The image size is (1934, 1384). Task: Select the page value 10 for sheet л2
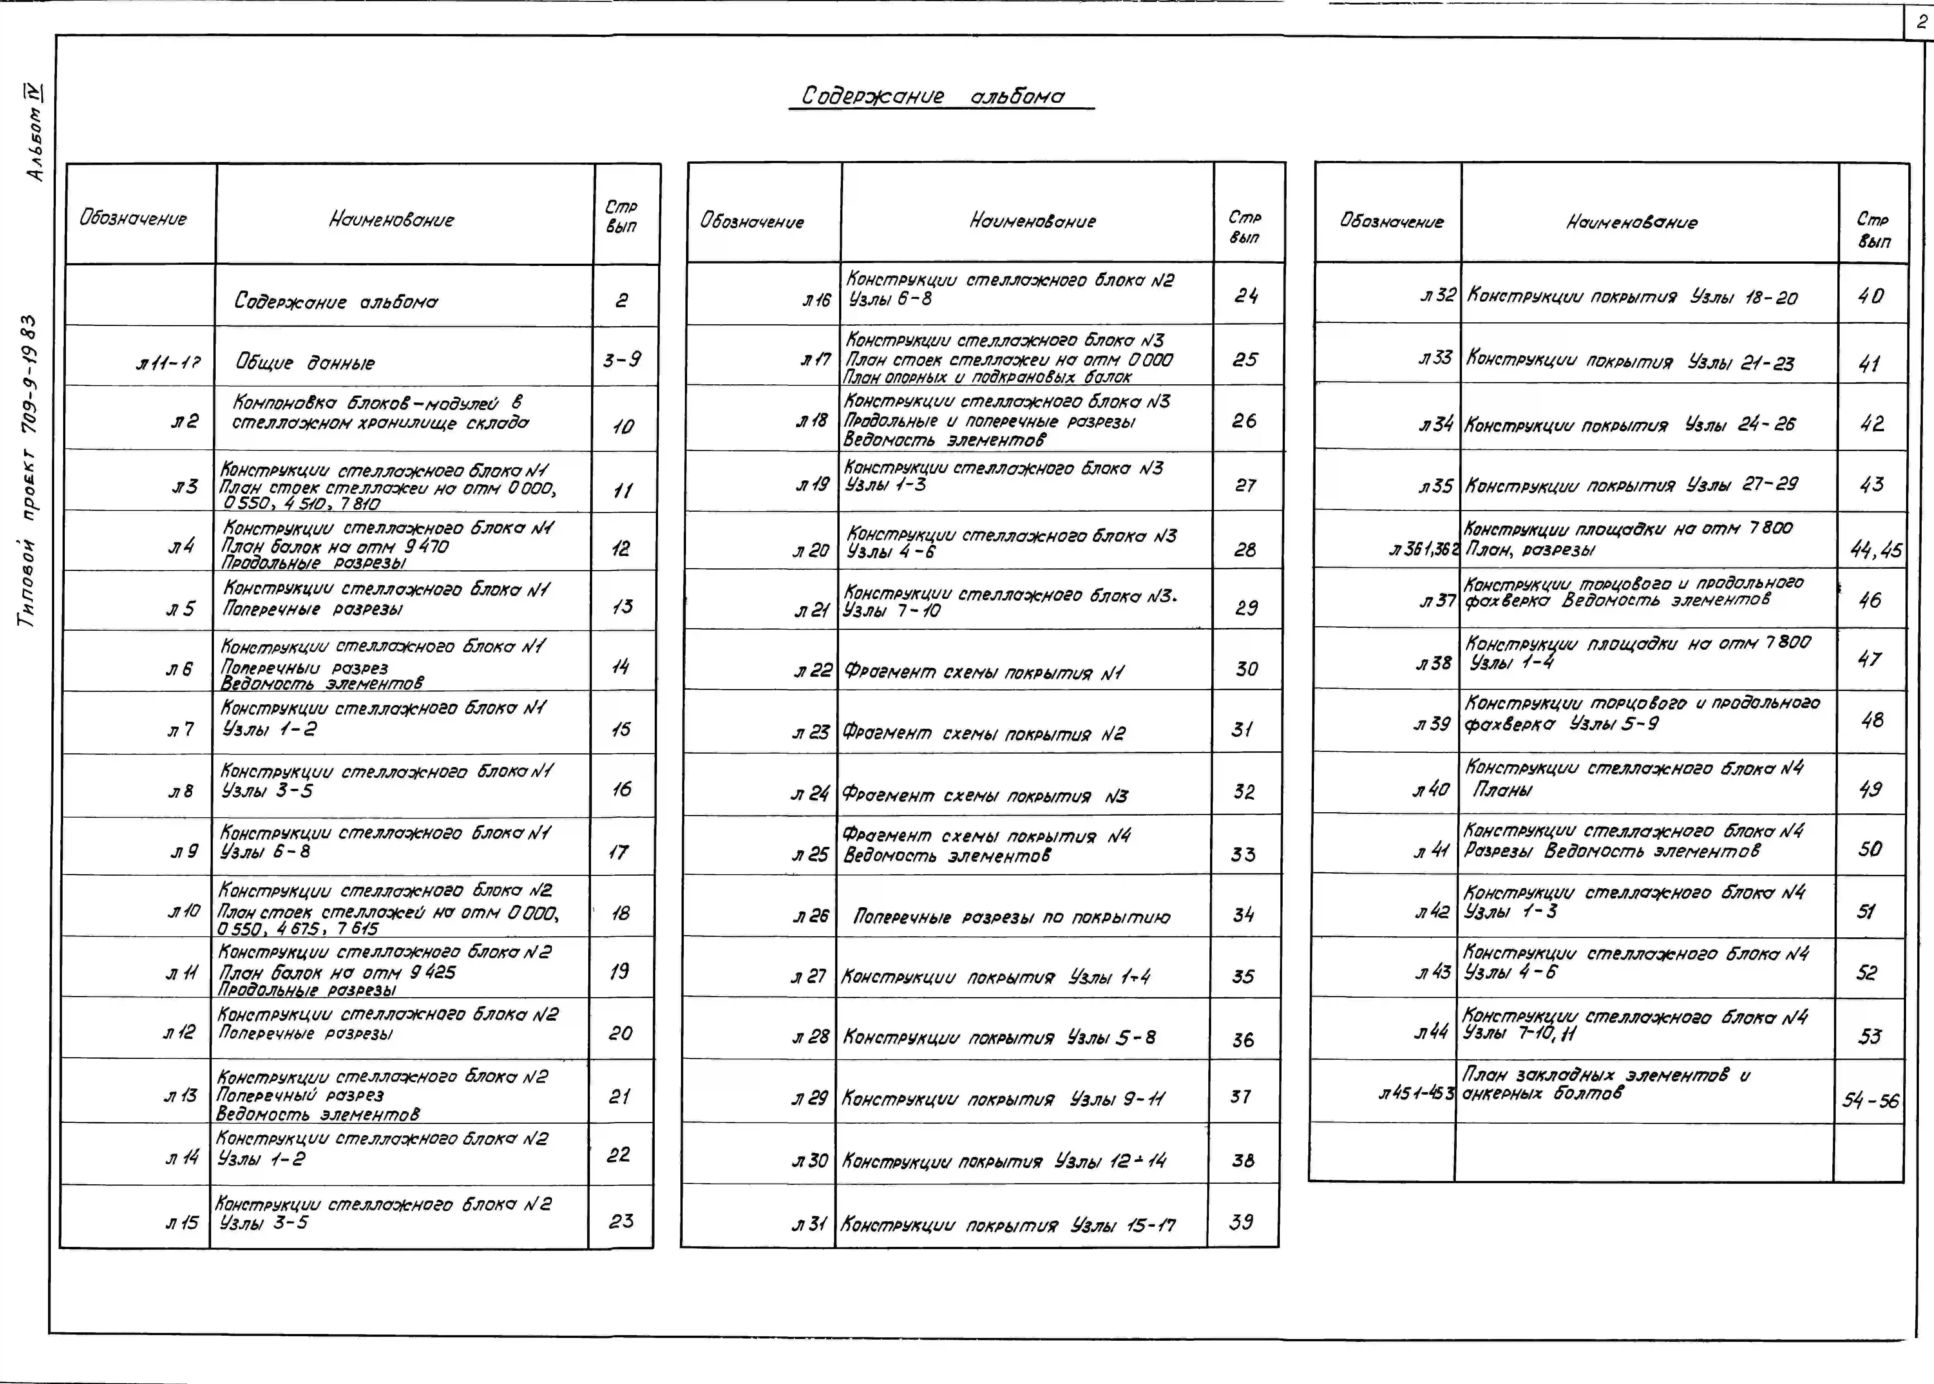click(x=623, y=426)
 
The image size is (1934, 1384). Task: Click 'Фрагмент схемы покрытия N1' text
click(x=983, y=672)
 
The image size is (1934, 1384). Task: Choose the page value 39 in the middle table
click(x=1241, y=1222)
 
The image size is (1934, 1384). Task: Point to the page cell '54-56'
click(x=1870, y=1100)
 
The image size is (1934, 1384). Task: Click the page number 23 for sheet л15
click(x=621, y=1221)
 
